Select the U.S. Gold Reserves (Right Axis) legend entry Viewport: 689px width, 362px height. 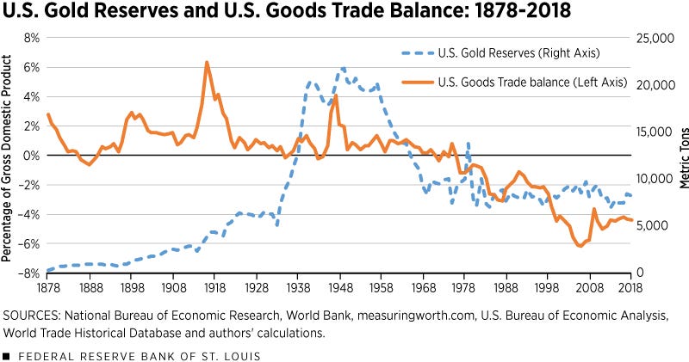[x=513, y=53]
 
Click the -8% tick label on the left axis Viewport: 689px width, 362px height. [x=28, y=273]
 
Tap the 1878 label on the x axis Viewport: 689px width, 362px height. [x=48, y=287]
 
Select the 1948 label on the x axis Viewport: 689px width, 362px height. [x=342, y=287]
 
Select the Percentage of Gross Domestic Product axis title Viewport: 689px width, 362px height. [x=8, y=156]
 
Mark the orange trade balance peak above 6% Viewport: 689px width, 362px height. [x=207, y=63]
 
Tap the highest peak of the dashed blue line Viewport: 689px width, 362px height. [x=342, y=68]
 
